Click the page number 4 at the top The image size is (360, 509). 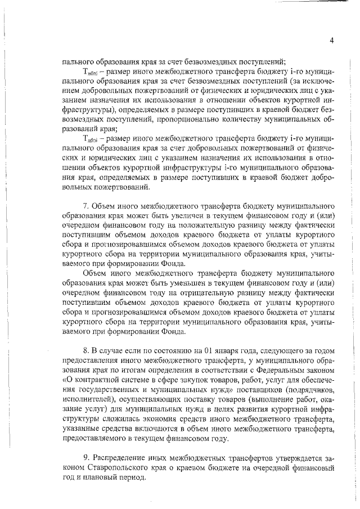[332, 40]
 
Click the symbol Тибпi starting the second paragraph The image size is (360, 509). [91, 73]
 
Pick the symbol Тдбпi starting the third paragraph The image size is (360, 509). [91, 139]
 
